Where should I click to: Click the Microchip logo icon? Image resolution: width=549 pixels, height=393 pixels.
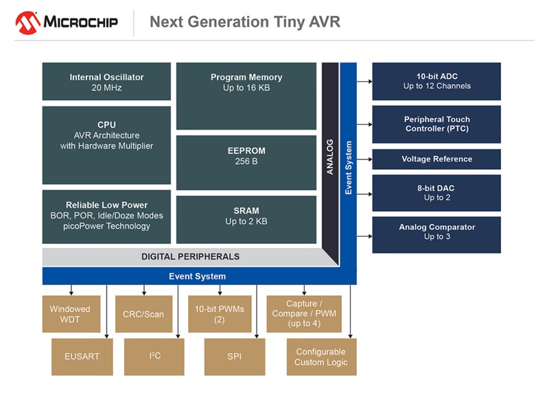point(27,22)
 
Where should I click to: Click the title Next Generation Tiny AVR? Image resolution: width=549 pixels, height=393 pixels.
point(244,22)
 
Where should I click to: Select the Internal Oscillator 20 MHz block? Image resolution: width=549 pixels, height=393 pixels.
point(106,82)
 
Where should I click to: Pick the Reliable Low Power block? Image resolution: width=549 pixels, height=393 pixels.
point(106,216)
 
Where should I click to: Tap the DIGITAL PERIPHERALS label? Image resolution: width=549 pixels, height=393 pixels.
point(190,257)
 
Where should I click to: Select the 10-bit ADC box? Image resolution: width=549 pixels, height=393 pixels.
point(436,81)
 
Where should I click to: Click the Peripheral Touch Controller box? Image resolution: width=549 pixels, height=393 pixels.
point(436,124)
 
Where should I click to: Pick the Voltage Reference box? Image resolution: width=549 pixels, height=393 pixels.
point(436,159)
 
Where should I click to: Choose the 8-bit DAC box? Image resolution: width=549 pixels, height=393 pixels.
point(436,193)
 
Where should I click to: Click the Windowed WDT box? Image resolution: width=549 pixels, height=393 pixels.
point(70,314)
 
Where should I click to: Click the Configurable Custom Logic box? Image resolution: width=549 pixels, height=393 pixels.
point(321,357)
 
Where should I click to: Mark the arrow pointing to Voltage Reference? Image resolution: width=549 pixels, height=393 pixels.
point(365,159)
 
